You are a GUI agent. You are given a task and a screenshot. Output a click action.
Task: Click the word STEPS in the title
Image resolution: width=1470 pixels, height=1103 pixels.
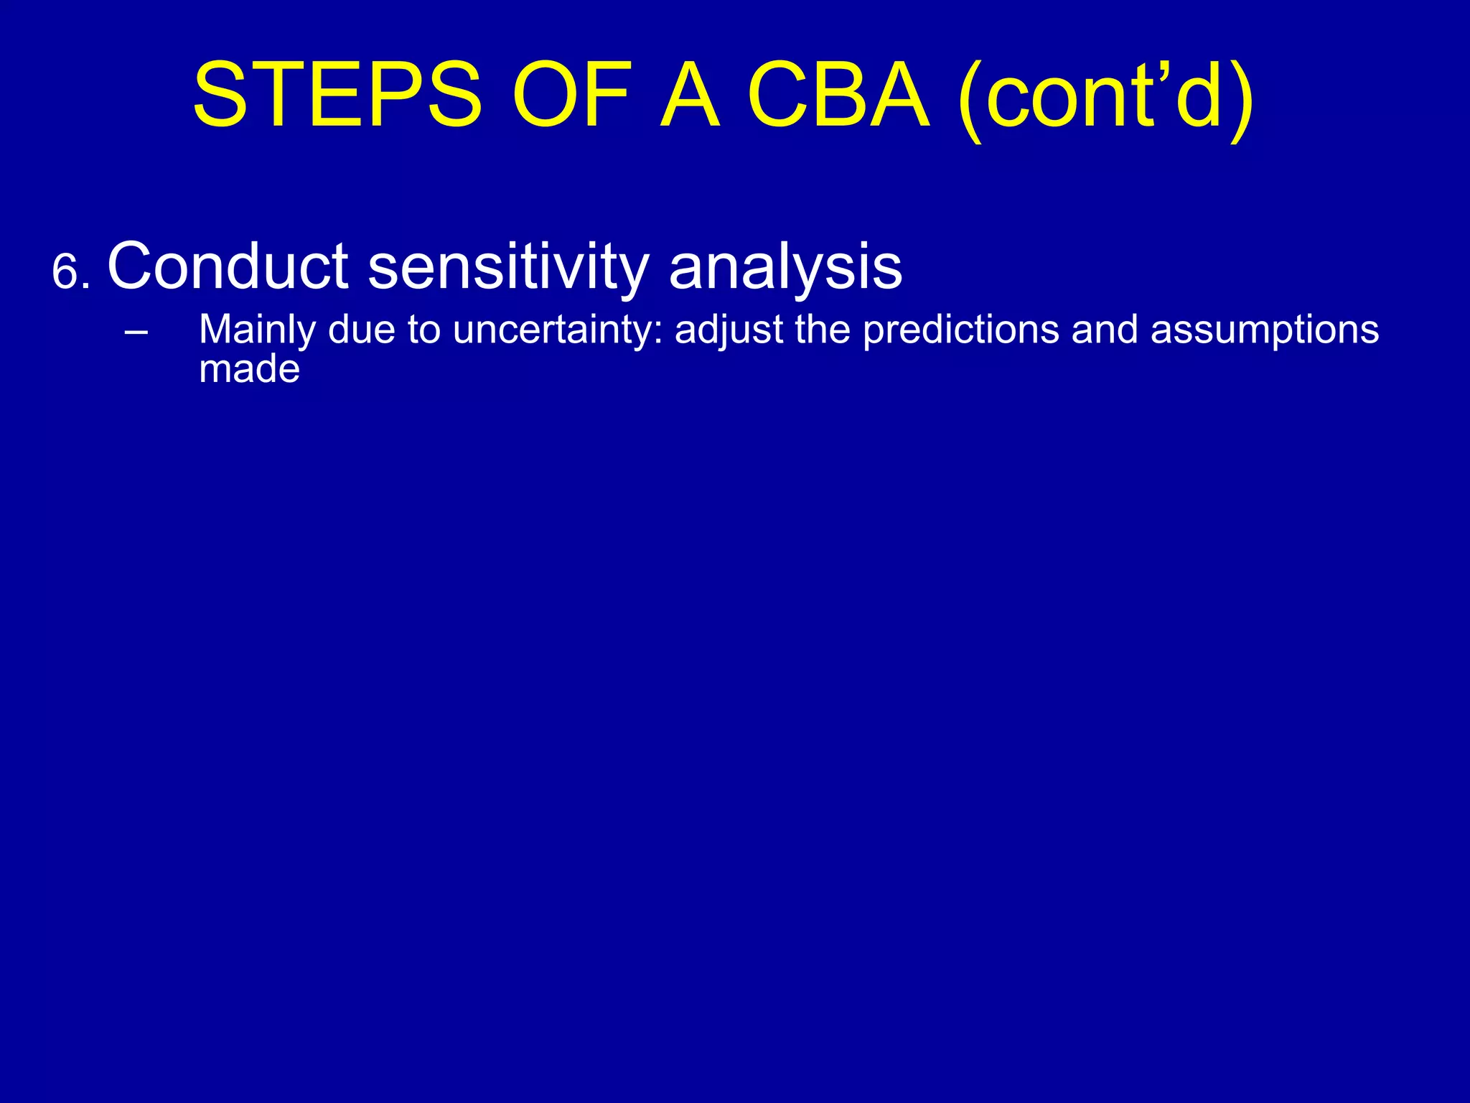[337, 96]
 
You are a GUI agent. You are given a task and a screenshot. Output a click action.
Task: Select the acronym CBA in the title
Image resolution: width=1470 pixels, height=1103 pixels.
[838, 96]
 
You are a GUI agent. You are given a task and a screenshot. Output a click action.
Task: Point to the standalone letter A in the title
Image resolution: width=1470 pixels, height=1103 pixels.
[689, 96]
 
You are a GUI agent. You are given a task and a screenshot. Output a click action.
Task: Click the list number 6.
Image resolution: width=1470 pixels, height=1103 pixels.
[70, 274]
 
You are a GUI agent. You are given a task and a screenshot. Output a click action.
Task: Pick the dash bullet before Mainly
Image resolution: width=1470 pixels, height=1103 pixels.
[136, 331]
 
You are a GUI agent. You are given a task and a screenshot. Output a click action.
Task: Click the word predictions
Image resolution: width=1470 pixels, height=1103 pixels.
[960, 330]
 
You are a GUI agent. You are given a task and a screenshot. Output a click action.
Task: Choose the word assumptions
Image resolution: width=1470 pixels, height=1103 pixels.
[1264, 330]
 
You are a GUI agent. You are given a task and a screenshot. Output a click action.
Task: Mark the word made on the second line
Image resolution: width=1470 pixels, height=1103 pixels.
[249, 369]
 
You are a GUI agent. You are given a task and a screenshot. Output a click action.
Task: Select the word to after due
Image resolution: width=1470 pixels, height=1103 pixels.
[423, 330]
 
